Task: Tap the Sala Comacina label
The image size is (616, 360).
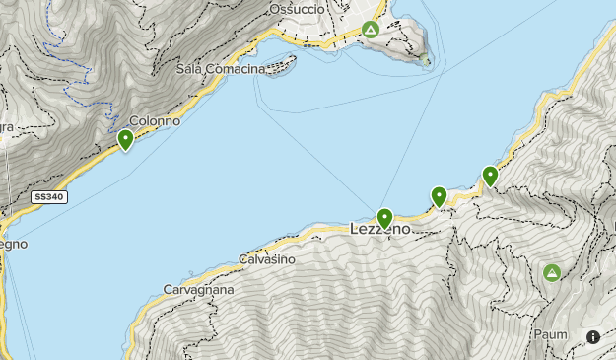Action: click(221, 69)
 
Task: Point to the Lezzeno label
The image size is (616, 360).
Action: click(380, 229)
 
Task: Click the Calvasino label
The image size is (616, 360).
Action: click(267, 259)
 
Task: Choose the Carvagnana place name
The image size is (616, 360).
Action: click(198, 291)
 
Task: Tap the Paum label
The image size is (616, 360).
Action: click(551, 334)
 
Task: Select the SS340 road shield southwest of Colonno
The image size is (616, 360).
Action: click(48, 197)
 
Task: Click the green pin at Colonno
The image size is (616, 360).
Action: click(126, 141)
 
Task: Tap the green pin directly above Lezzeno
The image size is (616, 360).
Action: click(385, 218)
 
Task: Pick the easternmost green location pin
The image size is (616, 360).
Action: click(490, 177)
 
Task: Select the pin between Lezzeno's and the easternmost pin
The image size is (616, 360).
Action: click(440, 197)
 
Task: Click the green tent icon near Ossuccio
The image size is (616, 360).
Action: click(370, 31)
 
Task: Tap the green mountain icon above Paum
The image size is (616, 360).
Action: click(552, 272)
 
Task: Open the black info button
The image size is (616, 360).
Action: click(593, 337)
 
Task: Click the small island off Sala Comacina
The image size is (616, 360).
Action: click(282, 69)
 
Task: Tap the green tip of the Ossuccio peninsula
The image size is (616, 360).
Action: click(426, 62)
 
